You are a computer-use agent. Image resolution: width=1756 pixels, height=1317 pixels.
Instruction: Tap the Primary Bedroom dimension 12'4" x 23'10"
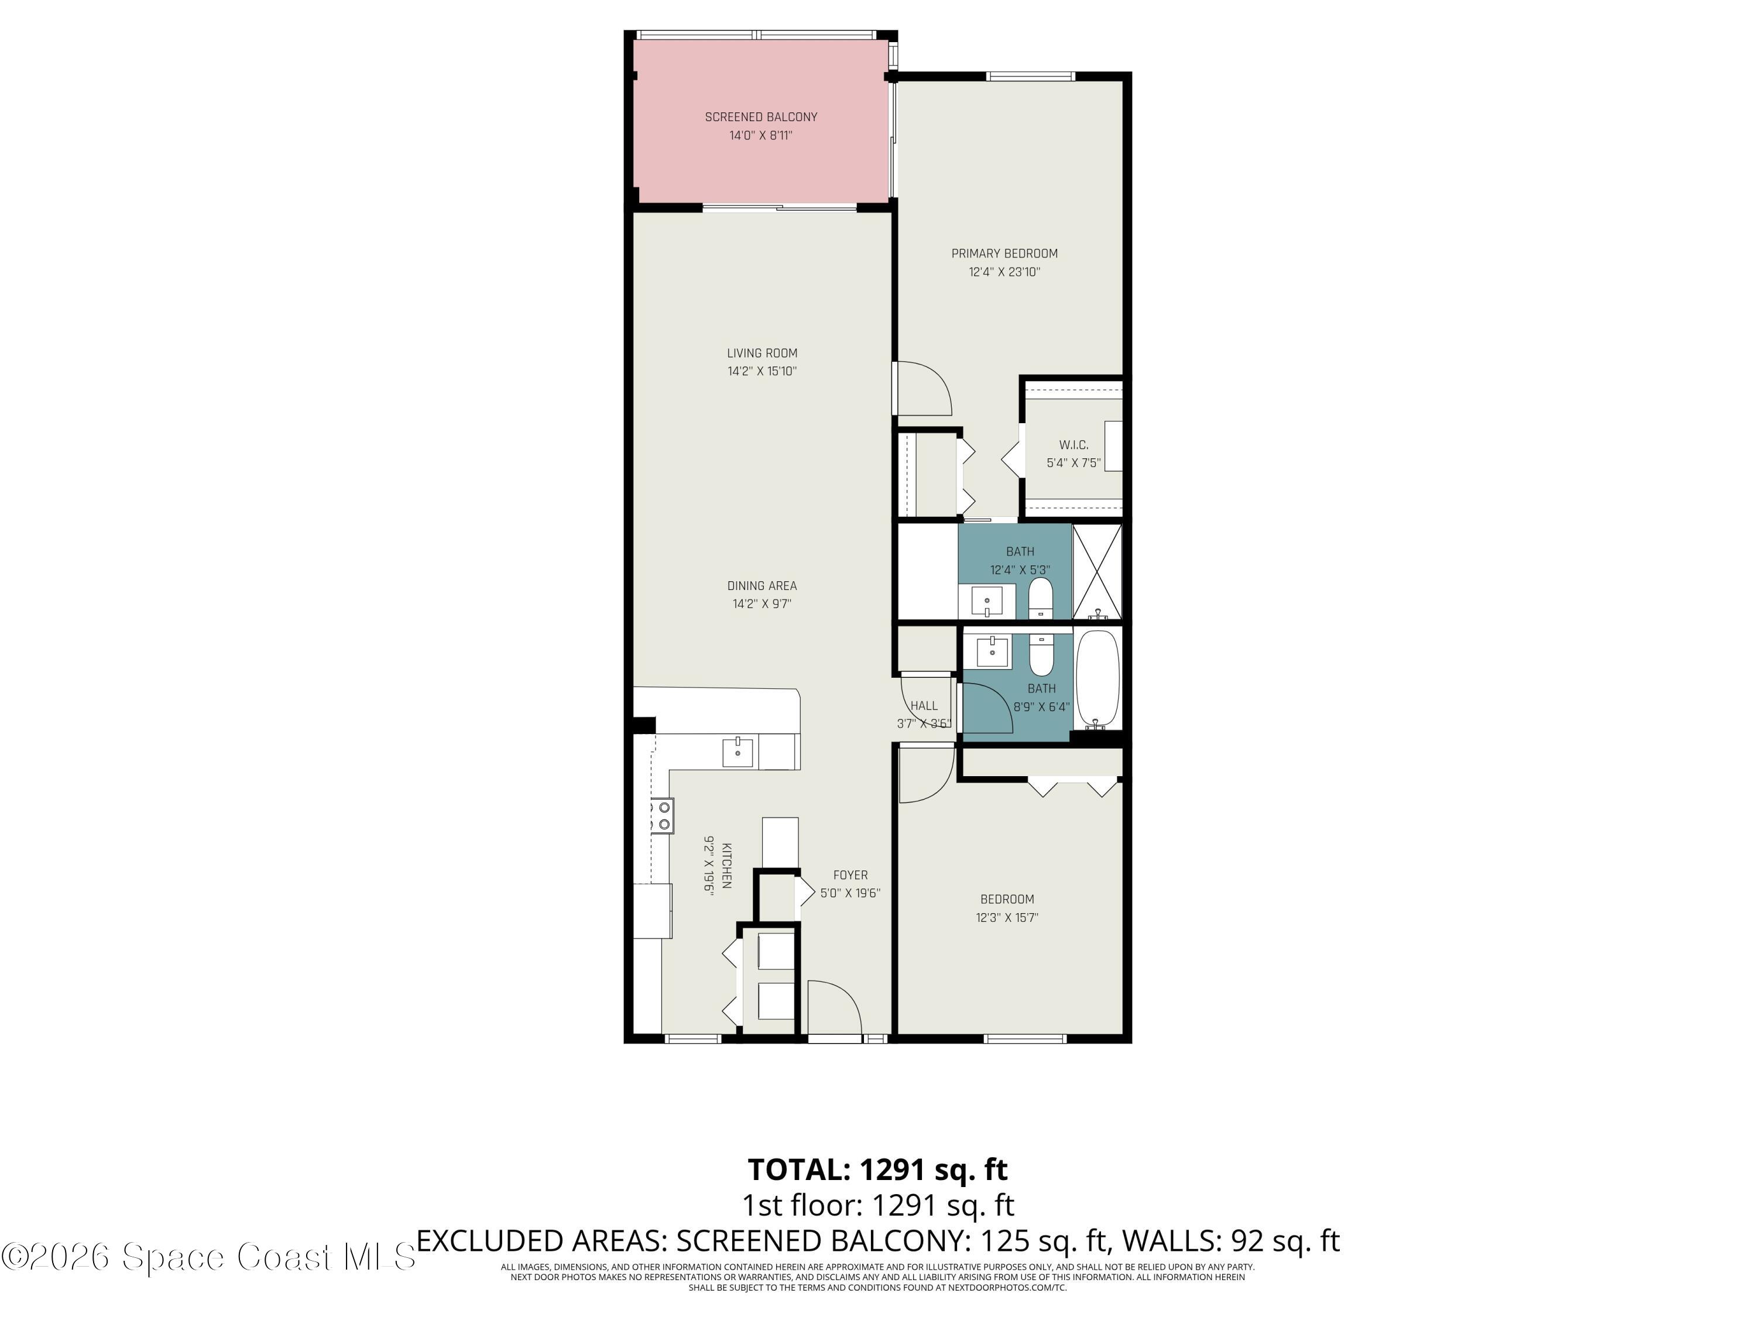(x=1004, y=272)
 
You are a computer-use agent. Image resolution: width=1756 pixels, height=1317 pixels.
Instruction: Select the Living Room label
(x=762, y=354)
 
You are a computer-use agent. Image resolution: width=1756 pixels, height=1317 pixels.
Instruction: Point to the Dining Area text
(x=762, y=586)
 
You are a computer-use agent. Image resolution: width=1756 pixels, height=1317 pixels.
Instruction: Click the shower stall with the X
(x=1096, y=571)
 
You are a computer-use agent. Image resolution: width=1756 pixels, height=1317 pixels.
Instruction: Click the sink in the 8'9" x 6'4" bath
(x=991, y=651)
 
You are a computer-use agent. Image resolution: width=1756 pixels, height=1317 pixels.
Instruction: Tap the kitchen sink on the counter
(x=738, y=751)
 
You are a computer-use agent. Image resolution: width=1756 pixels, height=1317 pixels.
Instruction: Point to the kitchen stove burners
(x=662, y=816)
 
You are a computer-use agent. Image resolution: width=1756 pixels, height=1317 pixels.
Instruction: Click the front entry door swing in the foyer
(x=834, y=1007)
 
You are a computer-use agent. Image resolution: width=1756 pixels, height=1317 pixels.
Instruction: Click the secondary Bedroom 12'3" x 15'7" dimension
(x=1007, y=918)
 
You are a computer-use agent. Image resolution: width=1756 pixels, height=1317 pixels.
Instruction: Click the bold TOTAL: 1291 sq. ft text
(x=877, y=1169)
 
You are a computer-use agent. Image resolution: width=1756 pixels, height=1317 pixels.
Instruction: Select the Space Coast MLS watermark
(x=208, y=1257)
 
